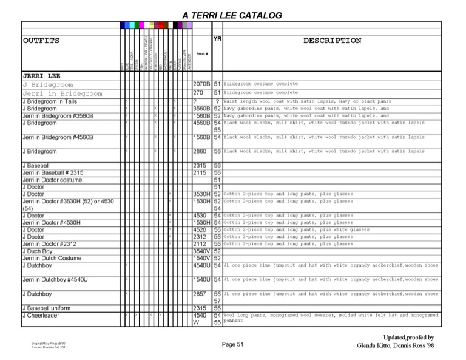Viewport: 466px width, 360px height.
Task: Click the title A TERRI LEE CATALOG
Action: click(x=232, y=15)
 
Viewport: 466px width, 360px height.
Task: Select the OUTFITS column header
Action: click(x=41, y=41)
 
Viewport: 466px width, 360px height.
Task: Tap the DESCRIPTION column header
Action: click(x=332, y=41)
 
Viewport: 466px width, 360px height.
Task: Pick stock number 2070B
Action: click(x=201, y=84)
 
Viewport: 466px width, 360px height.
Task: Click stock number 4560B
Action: click(x=201, y=123)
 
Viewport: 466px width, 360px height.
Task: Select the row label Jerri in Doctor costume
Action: click(x=56, y=180)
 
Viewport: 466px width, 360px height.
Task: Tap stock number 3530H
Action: click(x=201, y=194)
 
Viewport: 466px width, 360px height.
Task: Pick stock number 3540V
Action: click(x=201, y=251)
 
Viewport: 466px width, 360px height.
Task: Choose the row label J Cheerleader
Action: click(x=42, y=316)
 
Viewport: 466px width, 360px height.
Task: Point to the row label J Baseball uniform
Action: click(x=49, y=308)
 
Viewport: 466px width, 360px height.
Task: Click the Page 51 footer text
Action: click(x=232, y=345)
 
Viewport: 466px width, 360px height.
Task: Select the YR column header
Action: click(x=218, y=38)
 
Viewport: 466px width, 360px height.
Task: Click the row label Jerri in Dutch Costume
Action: click(x=52, y=258)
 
